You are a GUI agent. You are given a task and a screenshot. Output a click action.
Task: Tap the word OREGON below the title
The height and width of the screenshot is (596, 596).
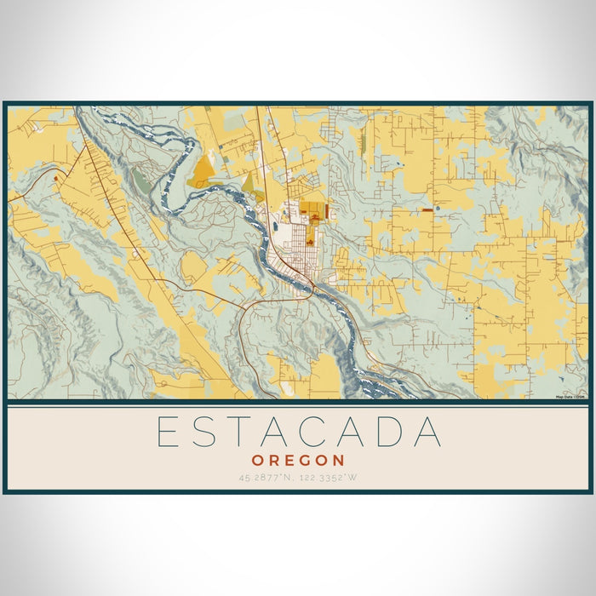click(299, 460)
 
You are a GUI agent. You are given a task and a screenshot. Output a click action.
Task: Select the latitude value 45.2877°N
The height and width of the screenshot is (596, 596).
click(269, 478)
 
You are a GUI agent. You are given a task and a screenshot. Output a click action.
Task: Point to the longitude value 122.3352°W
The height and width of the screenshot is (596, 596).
click(329, 478)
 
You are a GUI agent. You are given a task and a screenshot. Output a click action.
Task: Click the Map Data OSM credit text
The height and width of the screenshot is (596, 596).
click(571, 397)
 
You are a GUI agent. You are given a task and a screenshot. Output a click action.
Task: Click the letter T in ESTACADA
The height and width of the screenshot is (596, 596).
click(243, 432)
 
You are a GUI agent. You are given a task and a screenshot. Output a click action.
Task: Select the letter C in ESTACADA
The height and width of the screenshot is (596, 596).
click(318, 432)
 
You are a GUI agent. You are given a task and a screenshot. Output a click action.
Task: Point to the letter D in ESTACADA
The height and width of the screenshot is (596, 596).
click(390, 432)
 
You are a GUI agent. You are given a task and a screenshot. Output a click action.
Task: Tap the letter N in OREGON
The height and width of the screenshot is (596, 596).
click(338, 460)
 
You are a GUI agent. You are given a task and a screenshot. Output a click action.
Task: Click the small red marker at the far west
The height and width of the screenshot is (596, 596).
click(56, 176)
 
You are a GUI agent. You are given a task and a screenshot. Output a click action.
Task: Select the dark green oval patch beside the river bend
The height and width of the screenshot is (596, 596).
click(140, 179)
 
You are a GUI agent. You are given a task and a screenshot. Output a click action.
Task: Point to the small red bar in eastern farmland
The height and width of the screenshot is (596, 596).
click(426, 209)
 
